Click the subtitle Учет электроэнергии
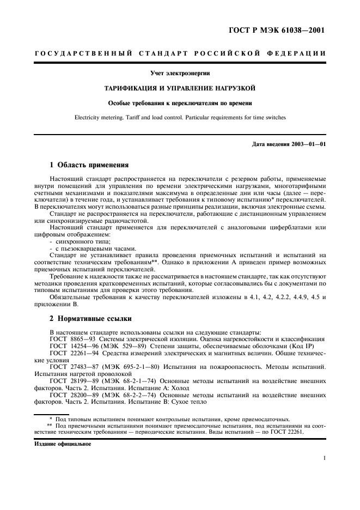(x=180, y=73)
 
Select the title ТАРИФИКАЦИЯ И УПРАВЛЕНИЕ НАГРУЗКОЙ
(x=180, y=87)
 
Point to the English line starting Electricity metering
(x=180, y=116)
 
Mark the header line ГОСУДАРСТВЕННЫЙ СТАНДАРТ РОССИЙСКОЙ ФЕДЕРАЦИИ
(x=180, y=53)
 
